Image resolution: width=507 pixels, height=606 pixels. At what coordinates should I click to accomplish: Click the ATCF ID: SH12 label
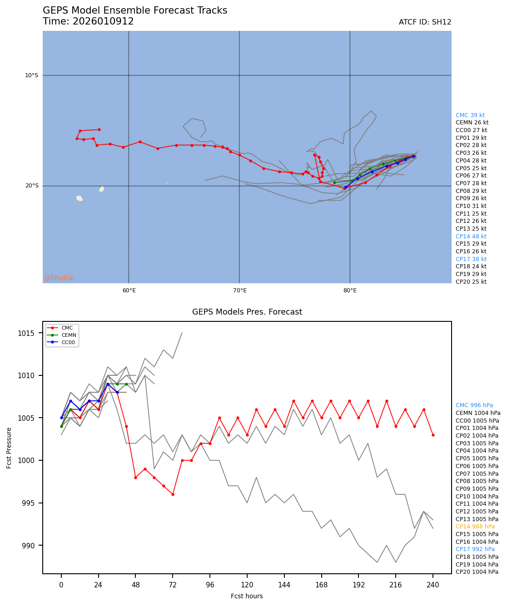tap(425, 22)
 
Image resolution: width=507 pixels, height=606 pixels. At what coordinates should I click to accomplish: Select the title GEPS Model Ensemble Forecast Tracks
tap(135, 10)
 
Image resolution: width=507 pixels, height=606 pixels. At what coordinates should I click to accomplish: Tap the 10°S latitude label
tap(32, 75)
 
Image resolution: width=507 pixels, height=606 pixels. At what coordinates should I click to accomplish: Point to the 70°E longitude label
tap(239, 291)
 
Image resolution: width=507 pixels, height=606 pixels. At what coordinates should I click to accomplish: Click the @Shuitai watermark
tap(59, 278)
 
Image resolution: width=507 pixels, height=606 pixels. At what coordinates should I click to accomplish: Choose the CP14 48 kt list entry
tap(471, 236)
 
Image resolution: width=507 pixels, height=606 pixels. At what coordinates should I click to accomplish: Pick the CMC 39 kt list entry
tap(470, 115)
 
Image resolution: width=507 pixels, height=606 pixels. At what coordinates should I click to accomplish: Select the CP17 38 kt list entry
tap(471, 259)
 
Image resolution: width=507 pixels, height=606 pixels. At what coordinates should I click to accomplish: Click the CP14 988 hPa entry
tap(475, 527)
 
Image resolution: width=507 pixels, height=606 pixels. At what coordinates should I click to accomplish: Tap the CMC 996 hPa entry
tap(474, 405)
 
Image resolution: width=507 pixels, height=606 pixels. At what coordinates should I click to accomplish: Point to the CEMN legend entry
tap(69, 335)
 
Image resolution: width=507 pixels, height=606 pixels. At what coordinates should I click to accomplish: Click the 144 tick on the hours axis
tap(284, 585)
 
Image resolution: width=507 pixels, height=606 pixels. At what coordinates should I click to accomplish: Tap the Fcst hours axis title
tap(247, 596)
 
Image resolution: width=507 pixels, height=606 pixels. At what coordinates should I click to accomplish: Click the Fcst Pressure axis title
tap(9, 448)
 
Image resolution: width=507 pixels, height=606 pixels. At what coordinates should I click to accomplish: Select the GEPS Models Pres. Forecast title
tap(247, 312)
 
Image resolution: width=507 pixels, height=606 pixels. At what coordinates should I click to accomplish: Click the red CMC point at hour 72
tap(173, 494)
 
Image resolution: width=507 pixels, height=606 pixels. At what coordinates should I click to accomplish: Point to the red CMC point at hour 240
tap(433, 435)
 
